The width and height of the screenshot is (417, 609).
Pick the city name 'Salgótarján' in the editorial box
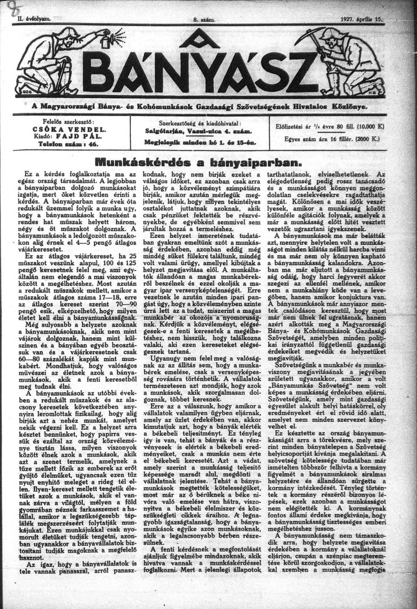pyautogui.click(x=166, y=131)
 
